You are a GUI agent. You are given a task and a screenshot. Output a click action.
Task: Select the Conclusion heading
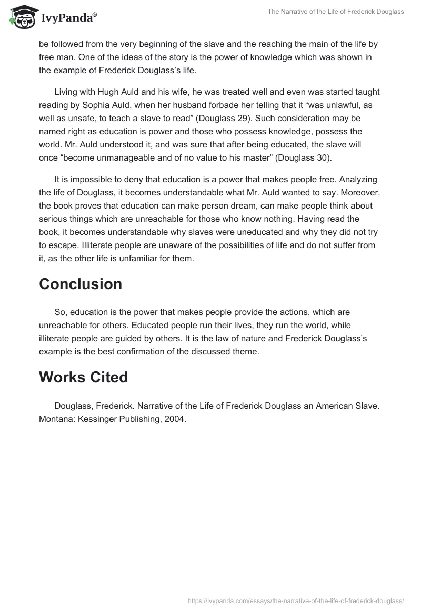(x=81, y=284)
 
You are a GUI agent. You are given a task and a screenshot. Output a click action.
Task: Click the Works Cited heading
(x=84, y=377)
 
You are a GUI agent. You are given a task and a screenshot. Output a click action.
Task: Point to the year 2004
(x=175, y=420)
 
